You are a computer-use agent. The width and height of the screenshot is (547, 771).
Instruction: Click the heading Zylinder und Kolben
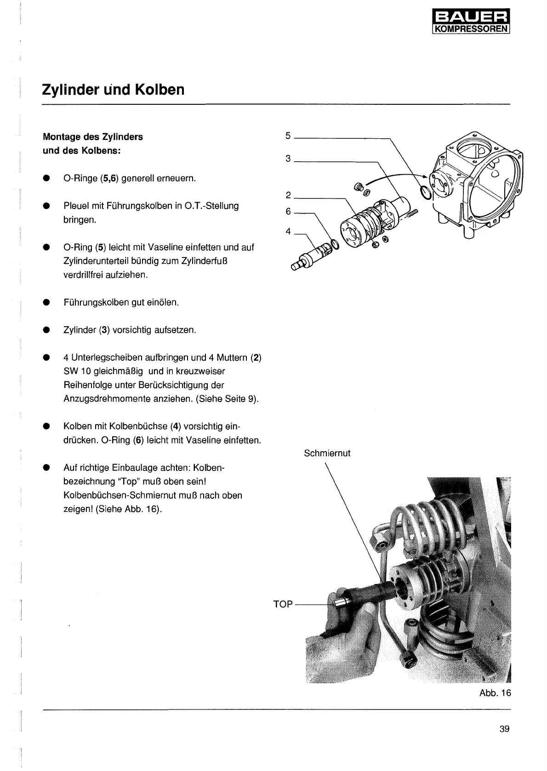(113, 89)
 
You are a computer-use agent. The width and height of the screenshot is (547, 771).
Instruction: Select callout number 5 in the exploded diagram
(288, 136)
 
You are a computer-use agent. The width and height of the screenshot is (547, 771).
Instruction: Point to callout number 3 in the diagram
(288, 159)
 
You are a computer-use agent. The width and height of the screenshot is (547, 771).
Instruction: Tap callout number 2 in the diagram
(288, 195)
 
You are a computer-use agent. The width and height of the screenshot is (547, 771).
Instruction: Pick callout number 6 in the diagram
(288, 211)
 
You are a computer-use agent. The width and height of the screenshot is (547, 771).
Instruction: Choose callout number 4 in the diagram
(288, 231)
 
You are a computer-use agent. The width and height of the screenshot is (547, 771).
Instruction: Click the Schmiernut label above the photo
(327, 453)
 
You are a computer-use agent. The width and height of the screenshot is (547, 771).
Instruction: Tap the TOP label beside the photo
(283, 604)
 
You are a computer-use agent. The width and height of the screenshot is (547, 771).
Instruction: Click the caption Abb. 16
(495, 693)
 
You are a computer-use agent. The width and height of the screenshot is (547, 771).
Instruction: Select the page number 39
(504, 729)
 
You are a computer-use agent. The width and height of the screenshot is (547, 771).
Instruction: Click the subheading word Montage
(61, 137)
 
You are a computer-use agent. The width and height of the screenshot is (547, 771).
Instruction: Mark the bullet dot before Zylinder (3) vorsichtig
(46, 330)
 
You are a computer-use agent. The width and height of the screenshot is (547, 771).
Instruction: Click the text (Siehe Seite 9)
(227, 399)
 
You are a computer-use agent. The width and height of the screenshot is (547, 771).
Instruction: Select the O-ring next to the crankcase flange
(426, 193)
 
